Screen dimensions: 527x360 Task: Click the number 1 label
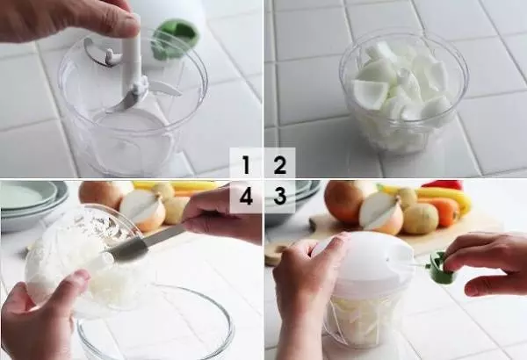[x=246, y=165]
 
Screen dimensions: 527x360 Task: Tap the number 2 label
[x=279, y=165]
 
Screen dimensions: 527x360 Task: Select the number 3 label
[x=279, y=196]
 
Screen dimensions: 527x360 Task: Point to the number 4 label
[x=246, y=196]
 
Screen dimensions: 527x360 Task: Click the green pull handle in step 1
[x=175, y=40]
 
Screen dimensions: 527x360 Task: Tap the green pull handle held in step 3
[x=441, y=267]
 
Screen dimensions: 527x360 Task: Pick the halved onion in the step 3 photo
[x=381, y=213]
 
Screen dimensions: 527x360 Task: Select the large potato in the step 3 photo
[x=420, y=218]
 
